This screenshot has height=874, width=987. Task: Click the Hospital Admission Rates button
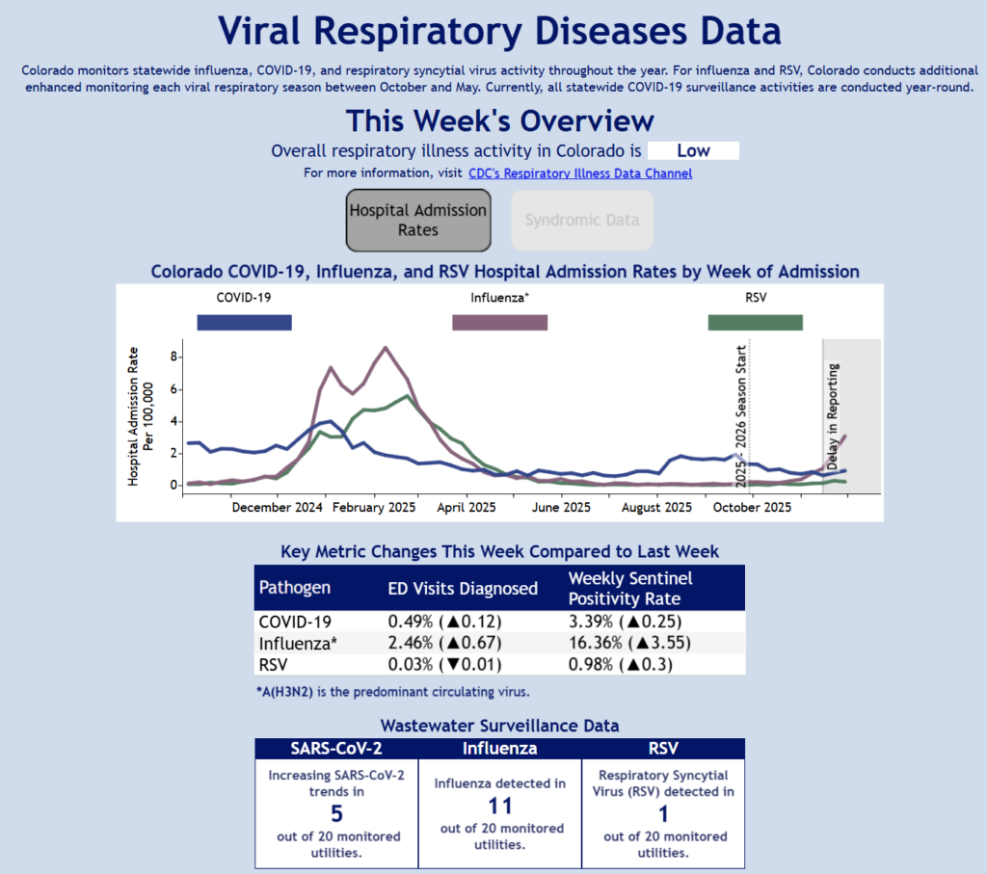[x=418, y=220]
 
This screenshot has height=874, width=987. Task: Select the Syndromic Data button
[x=582, y=220]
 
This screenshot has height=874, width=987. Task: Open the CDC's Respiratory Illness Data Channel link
[x=580, y=173]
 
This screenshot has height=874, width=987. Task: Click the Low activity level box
[x=693, y=150]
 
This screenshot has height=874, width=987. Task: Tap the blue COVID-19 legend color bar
[x=244, y=322]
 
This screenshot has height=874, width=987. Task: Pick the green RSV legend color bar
[x=755, y=322]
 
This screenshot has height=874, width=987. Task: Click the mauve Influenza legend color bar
[x=499, y=322]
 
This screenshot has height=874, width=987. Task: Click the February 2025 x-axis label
[x=373, y=507]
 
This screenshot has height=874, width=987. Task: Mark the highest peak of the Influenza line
[x=386, y=347]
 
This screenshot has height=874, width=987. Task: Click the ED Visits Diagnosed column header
[x=463, y=588]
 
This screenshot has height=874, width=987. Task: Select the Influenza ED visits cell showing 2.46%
[x=444, y=643]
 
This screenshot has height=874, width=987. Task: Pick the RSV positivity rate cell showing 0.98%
[x=620, y=664]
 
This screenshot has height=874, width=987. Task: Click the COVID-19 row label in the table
[x=296, y=622]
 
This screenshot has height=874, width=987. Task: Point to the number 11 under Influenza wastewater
[x=499, y=807]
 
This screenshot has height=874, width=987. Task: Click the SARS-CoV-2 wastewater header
[x=335, y=748]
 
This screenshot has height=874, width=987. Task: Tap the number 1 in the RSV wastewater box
[x=664, y=814]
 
